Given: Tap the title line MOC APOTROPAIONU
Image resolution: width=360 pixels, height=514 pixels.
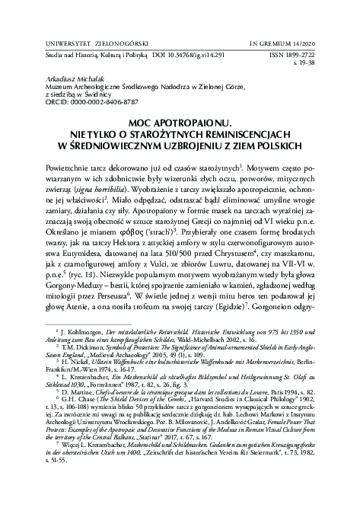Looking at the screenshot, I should tap(180, 120).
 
